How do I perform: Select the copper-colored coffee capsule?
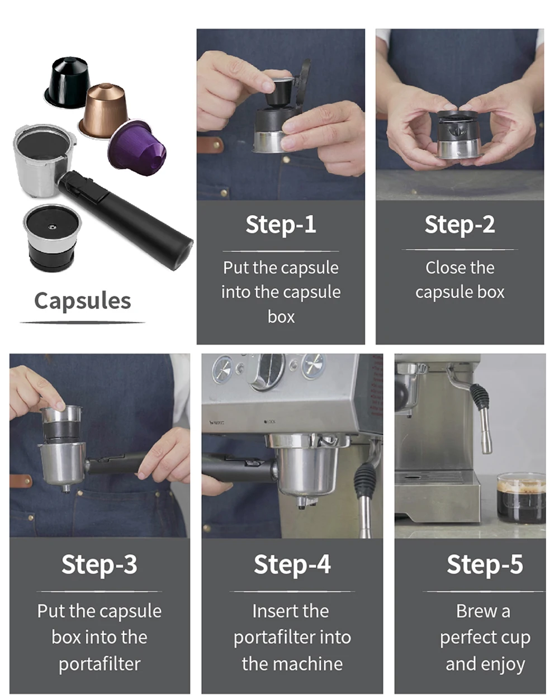tap(103, 110)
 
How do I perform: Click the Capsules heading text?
tap(83, 301)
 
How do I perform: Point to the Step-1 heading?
tap(281, 225)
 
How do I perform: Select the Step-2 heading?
tap(459, 225)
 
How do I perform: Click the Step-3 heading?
tap(99, 564)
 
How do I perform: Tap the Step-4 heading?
tap(292, 564)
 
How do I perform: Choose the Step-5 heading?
tap(485, 564)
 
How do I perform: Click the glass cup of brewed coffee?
tap(520, 497)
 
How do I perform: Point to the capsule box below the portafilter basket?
tap(52, 237)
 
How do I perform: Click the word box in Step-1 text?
tap(281, 317)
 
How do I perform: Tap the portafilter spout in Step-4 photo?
tap(303, 502)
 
